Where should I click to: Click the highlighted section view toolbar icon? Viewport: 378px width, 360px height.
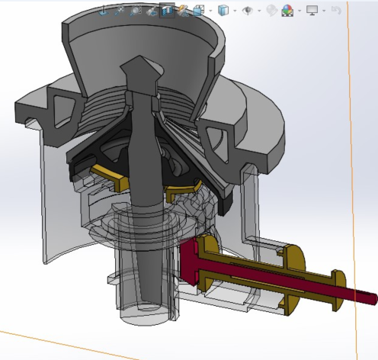pos(167,11)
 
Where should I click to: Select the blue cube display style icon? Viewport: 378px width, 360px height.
pos(223,11)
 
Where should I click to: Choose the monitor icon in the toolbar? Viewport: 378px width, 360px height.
pos(312,11)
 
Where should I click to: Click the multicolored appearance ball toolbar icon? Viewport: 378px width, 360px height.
pos(287,11)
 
